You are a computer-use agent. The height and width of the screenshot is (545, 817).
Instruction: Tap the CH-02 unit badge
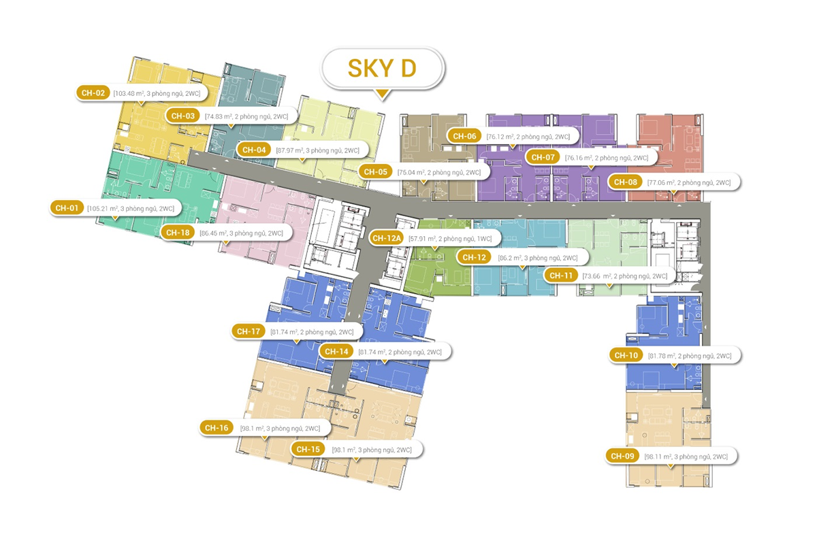pyautogui.click(x=93, y=93)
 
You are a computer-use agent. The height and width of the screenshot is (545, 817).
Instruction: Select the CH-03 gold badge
pyautogui.click(x=185, y=116)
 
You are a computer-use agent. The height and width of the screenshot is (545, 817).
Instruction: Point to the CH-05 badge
pyautogui.click(x=375, y=172)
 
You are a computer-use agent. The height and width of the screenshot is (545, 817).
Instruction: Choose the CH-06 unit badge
pyautogui.click(x=466, y=136)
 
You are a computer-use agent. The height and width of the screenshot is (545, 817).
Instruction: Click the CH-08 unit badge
pyautogui.click(x=626, y=182)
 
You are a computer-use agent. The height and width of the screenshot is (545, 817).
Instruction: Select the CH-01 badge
pyautogui.click(x=68, y=208)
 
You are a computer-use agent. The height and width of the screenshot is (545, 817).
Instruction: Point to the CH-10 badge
pyautogui.click(x=626, y=355)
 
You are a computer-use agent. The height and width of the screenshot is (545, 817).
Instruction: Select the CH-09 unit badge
pyautogui.click(x=624, y=456)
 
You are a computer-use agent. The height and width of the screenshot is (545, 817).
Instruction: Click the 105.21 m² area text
pyautogui.click(x=131, y=208)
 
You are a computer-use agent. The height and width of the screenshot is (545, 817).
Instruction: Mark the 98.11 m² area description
pyautogui.click(x=686, y=457)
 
